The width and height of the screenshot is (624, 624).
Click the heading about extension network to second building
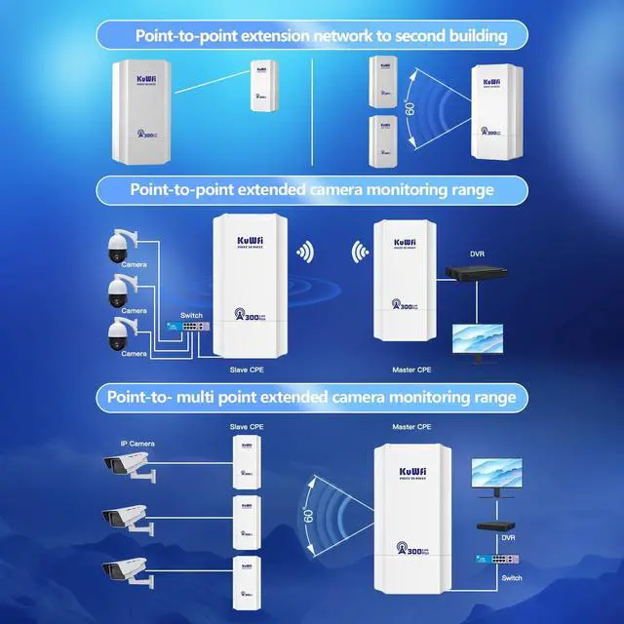[311, 36]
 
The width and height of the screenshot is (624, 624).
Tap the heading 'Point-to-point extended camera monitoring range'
[311, 189]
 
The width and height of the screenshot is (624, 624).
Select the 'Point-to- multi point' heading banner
[311, 397]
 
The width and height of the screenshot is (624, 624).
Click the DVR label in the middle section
[476, 254]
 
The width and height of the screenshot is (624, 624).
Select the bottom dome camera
[120, 331]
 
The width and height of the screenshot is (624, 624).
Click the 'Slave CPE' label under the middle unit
[246, 371]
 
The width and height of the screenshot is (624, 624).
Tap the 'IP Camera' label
[137, 443]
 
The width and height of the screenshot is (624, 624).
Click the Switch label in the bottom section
[512, 578]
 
